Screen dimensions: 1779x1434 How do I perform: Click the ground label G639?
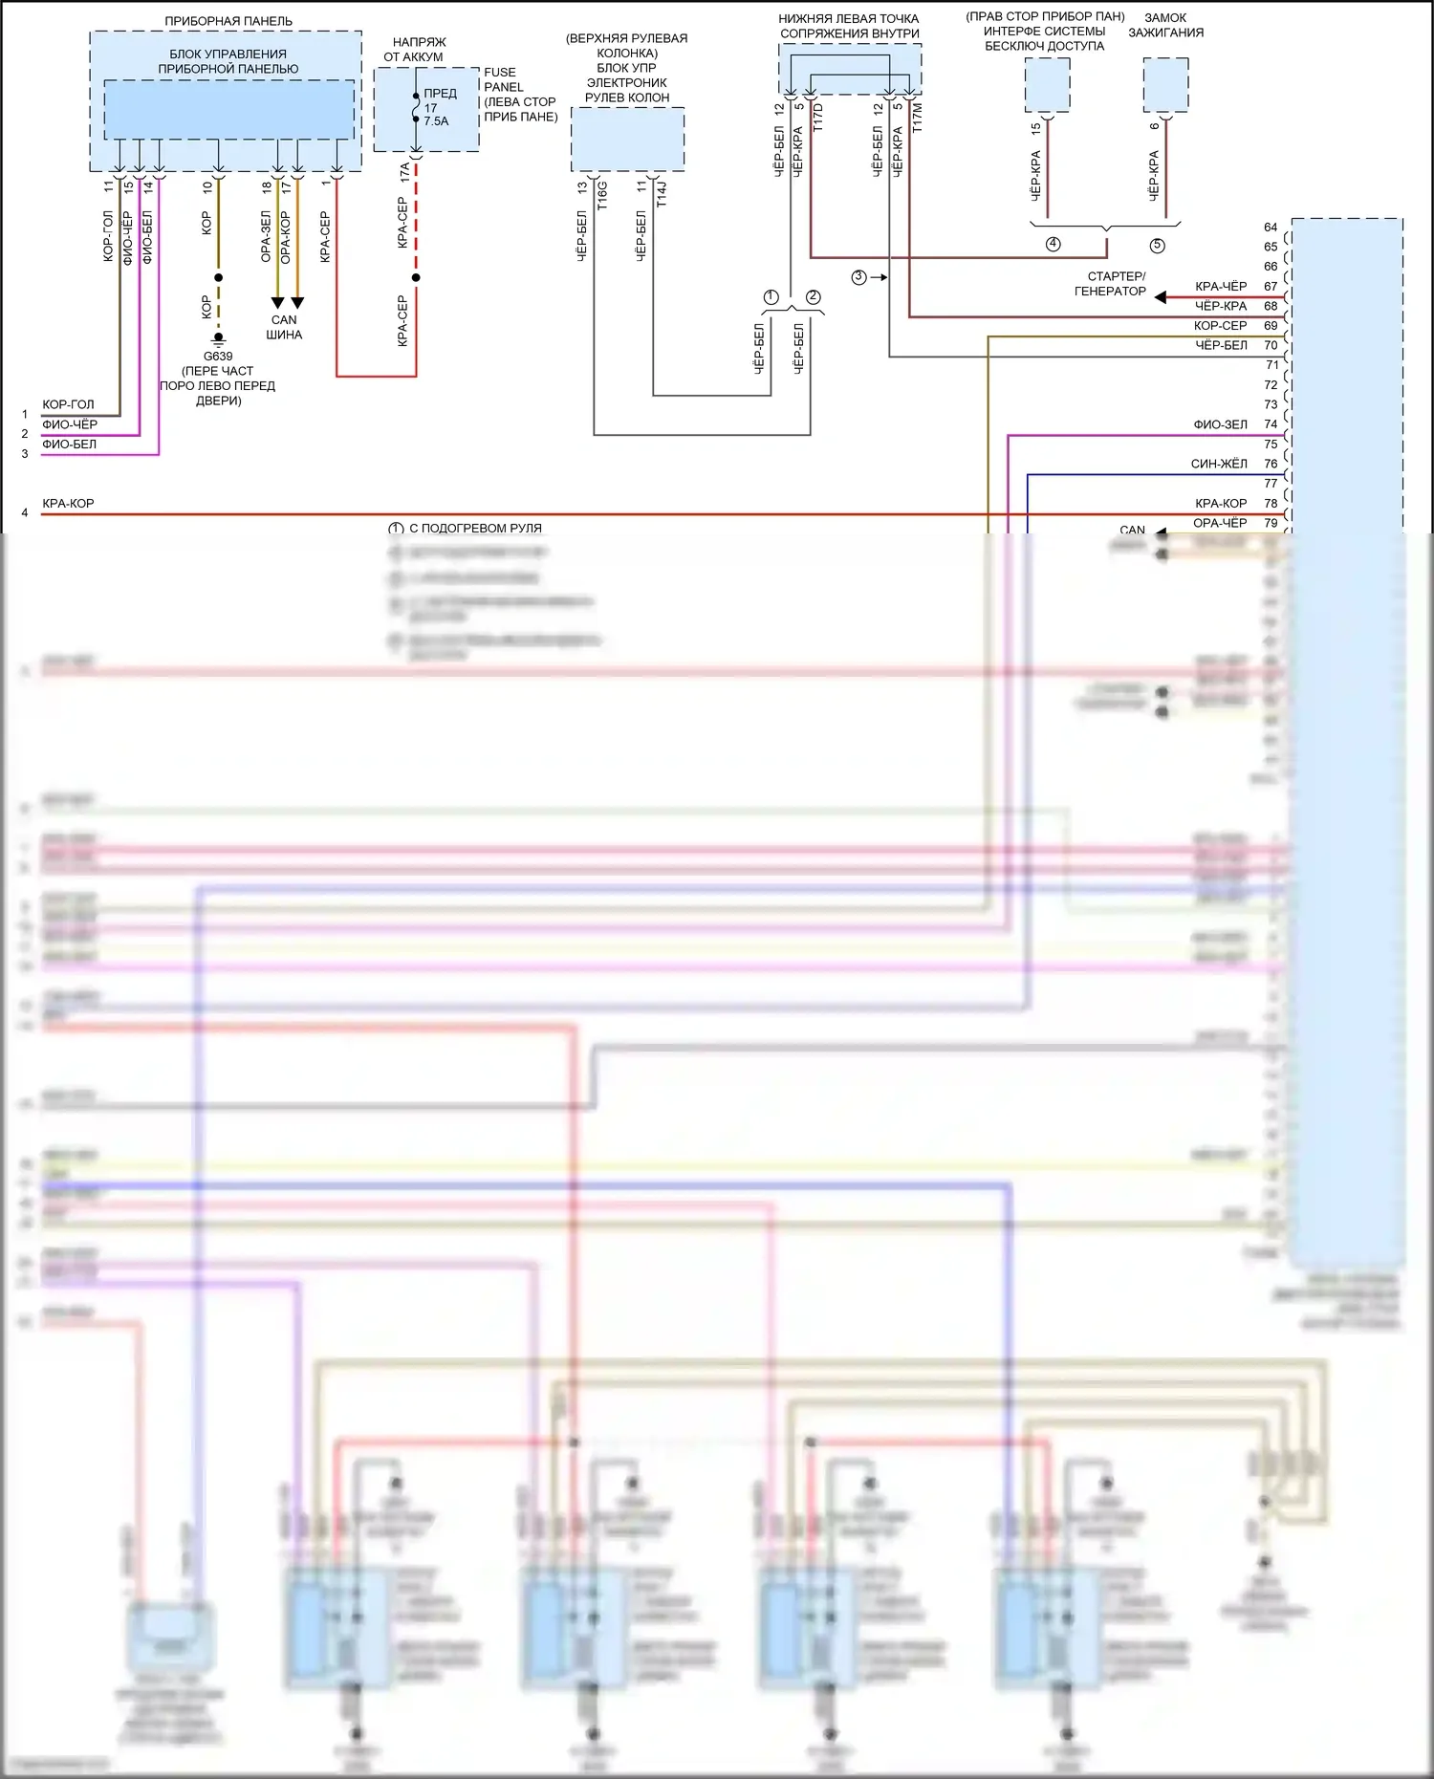click(x=218, y=357)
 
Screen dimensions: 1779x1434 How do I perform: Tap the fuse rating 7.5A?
click(x=436, y=121)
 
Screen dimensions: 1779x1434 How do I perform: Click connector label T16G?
click(x=602, y=195)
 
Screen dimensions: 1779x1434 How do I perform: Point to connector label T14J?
click(x=662, y=193)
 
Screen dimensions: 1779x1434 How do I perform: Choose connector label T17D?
click(x=818, y=118)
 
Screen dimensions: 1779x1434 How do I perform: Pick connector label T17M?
click(x=918, y=118)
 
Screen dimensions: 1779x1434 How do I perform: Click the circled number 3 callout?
click(x=858, y=277)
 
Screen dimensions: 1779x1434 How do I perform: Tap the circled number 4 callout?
click(x=1053, y=244)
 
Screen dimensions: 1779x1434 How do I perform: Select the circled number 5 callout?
click(x=1157, y=246)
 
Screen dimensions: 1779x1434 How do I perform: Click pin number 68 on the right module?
click(x=1271, y=306)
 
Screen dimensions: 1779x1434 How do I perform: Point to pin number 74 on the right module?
click(x=1271, y=424)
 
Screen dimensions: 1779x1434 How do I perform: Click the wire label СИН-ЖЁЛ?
click(x=1219, y=464)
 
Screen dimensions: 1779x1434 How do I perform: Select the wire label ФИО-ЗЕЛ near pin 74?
click(x=1220, y=424)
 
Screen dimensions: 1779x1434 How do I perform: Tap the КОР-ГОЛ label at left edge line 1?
click(x=68, y=404)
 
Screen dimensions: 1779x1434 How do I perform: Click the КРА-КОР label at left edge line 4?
click(x=68, y=504)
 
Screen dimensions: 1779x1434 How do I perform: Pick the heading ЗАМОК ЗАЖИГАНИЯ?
click(x=1165, y=25)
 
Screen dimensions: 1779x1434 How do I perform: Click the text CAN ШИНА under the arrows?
click(x=284, y=327)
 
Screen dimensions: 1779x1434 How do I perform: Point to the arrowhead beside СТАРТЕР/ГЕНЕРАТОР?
click(x=1160, y=297)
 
